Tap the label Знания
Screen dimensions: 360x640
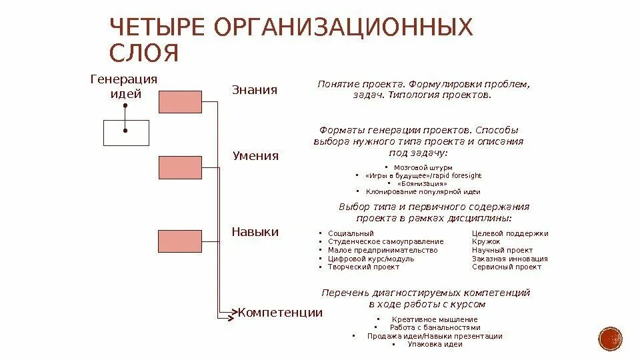(254, 90)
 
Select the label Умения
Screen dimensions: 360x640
(255, 156)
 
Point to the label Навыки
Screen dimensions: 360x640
(255, 231)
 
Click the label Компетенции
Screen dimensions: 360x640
(280, 312)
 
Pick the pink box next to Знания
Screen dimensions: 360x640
(180, 101)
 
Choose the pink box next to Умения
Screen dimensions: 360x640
(180, 167)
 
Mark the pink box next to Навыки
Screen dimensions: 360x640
(180, 241)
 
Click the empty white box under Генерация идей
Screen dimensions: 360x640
(125, 132)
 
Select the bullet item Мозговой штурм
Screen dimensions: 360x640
(423, 167)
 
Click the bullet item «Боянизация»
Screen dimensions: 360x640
(422, 183)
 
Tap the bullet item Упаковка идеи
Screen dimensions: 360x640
(435, 344)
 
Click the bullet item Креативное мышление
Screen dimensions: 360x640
(435, 319)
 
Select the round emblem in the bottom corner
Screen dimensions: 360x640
(610, 339)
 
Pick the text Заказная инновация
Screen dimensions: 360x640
(509, 259)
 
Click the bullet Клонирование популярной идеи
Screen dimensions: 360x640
(423, 191)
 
